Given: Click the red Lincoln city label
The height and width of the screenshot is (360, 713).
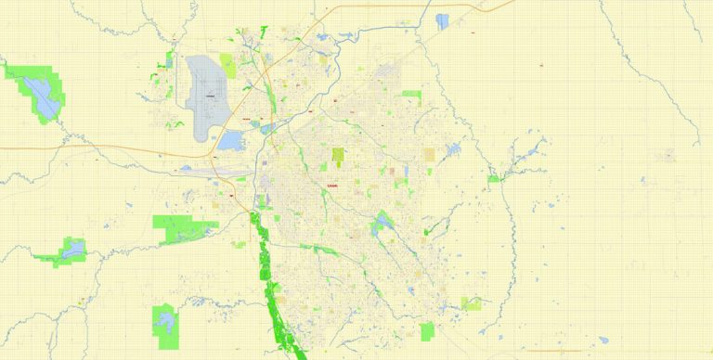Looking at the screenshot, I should [x=331, y=185].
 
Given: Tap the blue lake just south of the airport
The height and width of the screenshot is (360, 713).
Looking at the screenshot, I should [x=230, y=141].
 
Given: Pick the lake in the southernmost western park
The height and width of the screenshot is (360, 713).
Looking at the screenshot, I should [x=165, y=321].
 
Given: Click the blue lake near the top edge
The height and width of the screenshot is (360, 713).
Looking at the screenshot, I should [x=442, y=20].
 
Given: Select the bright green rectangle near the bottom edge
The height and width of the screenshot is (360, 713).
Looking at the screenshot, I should [x=427, y=331].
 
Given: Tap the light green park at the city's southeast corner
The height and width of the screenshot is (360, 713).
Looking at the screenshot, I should [x=473, y=303].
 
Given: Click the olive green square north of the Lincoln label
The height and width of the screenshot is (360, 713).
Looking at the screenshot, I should [x=338, y=155].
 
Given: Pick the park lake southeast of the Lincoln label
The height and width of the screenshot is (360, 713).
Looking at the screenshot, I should [x=381, y=223].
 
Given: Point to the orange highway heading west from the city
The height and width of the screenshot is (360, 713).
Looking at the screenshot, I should [x=93, y=147].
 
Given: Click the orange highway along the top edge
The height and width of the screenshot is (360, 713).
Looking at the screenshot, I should [x=390, y=6].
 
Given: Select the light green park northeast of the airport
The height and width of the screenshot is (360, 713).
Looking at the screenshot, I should [x=253, y=65].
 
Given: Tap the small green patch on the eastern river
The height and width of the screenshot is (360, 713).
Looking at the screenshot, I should [x=495, y=177].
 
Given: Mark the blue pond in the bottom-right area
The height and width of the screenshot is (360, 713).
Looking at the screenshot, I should [x=603, y=340].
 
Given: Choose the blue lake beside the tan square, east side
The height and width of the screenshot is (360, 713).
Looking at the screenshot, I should [x=453, y=149].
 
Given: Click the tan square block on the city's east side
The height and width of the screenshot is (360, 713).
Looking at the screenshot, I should [x=430, y=154].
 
